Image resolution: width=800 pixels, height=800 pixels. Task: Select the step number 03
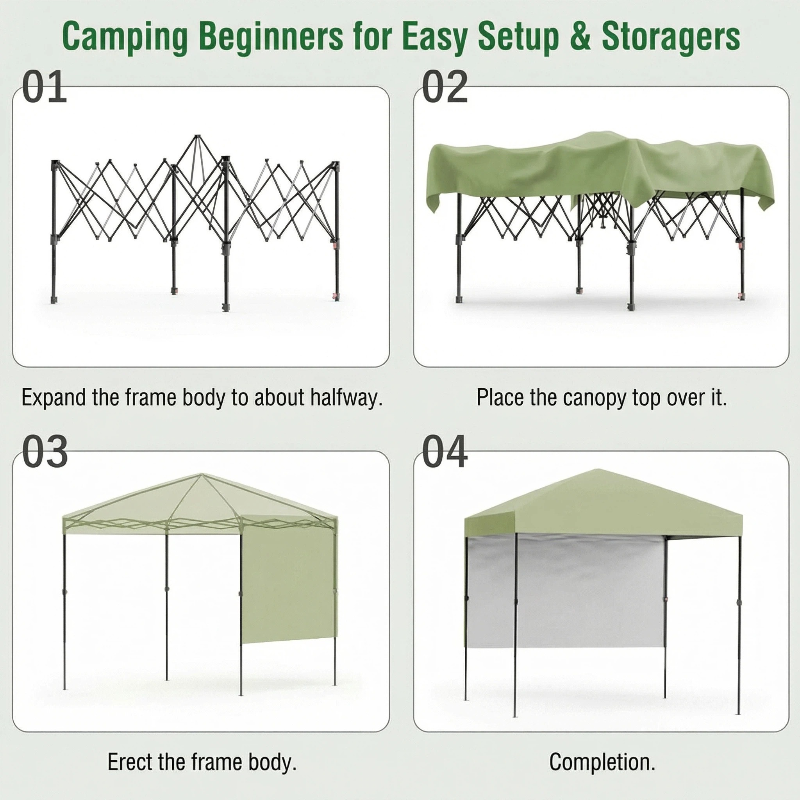[45, 451]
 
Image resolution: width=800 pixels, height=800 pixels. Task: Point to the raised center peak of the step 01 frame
[198, 137]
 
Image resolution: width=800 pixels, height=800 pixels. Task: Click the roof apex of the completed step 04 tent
[597, 470]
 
